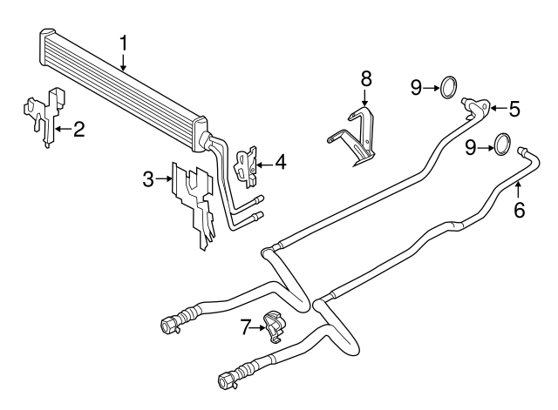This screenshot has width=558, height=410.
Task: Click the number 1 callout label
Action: click(x=124, y=42)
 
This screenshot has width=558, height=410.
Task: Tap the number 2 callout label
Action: click(x=78, y=131)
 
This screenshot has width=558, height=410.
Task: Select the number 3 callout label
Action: click(x=149, y=179)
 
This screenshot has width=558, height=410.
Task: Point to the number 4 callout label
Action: click(x=279, y=161)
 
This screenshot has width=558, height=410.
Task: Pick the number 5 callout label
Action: click(x=514, y=109)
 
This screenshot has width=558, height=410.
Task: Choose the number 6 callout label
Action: click(x=520, y=210)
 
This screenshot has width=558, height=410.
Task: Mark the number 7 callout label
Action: click(x=246, y=327)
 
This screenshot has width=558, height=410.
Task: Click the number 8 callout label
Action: click(x=366, y=78)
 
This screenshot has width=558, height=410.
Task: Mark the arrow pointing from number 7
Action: click(x=259, y=327)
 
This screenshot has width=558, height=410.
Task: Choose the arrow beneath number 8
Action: click(x=366, y=97)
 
